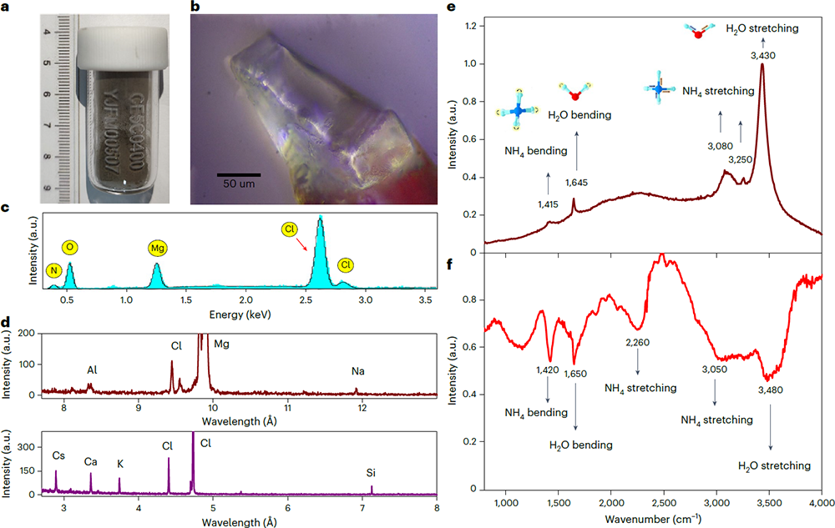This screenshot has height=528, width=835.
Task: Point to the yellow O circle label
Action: click(x=70, y=247)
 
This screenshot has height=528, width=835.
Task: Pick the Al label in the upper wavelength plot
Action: click(x=92, y=370)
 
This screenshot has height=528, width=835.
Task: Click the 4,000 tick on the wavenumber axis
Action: click(x=822, y=505)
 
